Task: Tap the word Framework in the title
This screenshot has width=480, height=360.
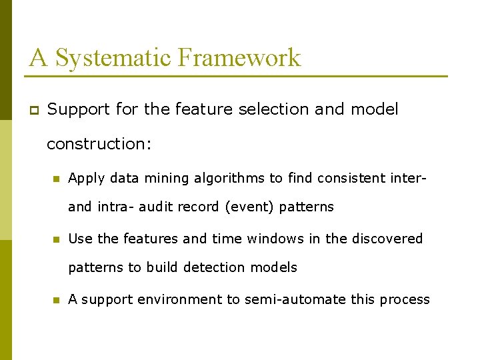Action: (239, 58)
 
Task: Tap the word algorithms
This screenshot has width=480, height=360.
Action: (229, 178)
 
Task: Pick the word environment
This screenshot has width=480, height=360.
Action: (180, 299)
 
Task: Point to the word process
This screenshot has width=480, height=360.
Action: (405, 299)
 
